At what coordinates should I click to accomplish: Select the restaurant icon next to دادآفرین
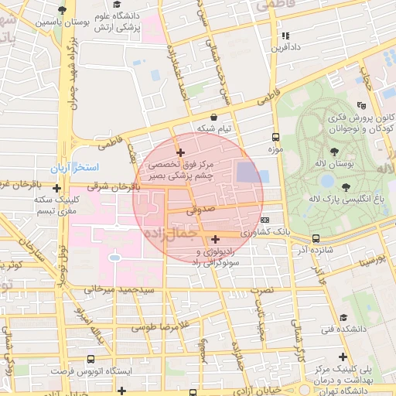click(285, 35)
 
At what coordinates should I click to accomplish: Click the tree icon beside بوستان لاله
click(333, 152)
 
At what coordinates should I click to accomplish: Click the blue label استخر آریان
click(94, 168)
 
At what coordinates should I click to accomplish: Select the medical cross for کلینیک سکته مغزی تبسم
click(56, 187)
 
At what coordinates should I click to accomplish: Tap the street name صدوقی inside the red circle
click(199, 209)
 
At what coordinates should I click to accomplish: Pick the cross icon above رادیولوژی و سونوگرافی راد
click(215, 239)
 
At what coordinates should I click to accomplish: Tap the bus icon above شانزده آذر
click(316, 238)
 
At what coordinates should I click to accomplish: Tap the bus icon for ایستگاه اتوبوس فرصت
click(91, 360)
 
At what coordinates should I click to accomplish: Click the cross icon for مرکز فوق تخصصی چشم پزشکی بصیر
click(180, 152)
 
